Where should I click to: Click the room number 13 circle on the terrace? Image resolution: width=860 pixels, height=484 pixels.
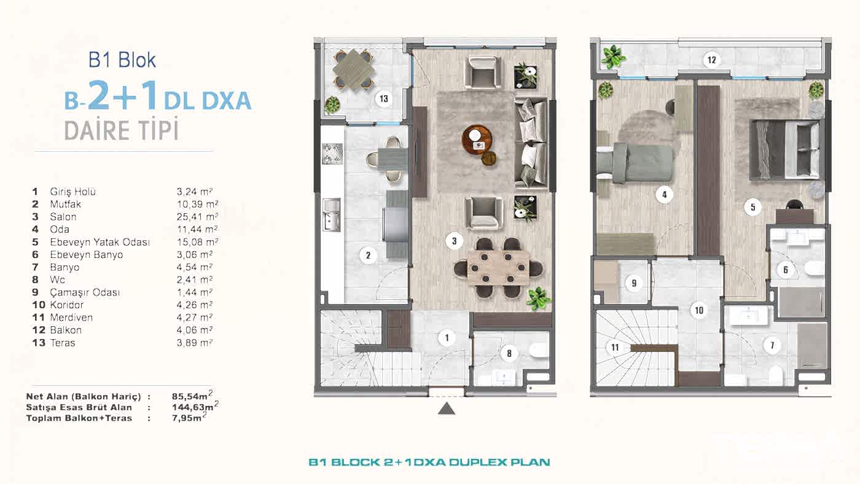[384, 98]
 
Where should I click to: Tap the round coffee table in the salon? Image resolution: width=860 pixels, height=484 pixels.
[477, 140]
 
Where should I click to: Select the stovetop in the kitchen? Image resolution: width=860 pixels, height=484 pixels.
[332, 154]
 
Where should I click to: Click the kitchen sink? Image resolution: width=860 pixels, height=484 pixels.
[331, 216]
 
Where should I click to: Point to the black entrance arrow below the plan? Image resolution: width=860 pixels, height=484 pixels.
[447, 408]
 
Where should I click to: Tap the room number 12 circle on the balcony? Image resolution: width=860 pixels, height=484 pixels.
[711, 60]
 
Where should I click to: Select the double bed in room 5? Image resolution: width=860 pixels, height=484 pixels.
[785, 149]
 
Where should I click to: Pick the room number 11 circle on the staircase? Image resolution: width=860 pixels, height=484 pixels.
[614, 348]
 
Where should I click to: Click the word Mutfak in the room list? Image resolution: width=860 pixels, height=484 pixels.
[65, 204]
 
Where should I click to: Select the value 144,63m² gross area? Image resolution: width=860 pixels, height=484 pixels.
[195, 407]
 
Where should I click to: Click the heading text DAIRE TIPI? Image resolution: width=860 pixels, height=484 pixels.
[121, 130]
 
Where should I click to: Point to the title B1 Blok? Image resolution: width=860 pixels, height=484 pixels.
[122, 60]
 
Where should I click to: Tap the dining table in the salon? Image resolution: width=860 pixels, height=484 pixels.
[498, 267]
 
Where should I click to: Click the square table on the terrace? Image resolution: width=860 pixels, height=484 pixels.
[354, 69]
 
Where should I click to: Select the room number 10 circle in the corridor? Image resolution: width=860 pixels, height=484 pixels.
[698, 310]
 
